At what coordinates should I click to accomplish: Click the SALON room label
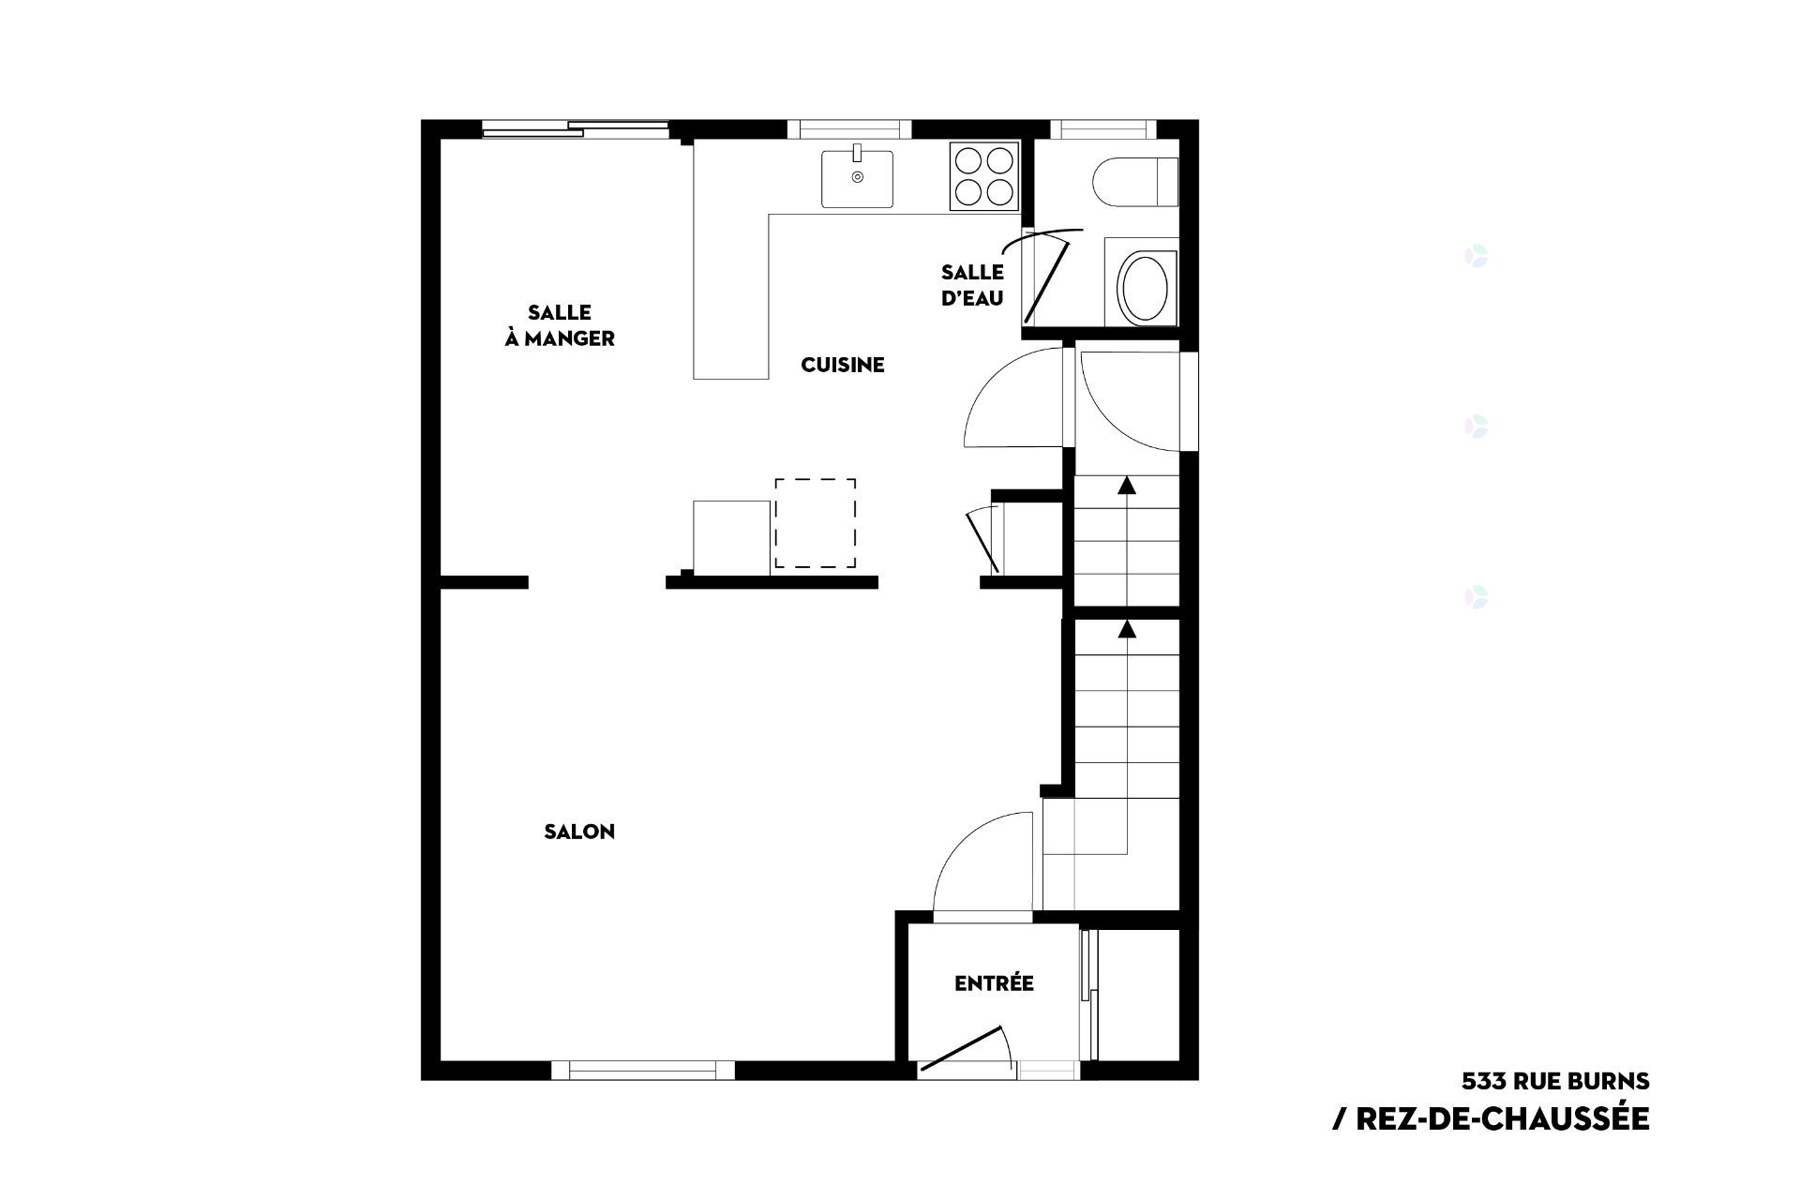pyautogui.click(x=579, y=832)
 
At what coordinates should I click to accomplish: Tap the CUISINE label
pyautogui.click(x=843, y=365)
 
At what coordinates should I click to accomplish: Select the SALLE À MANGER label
pyautogui.click(x=560, y=325)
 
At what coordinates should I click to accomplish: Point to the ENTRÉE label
pyautogui.click(x=994, y=983)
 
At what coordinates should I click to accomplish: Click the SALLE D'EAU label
pyautogui.click(x=973, y=285)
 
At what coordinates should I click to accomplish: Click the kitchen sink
pyautogui.click(x=857, y=177)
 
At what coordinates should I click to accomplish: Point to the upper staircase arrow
pyautogui.click(x=1126, y=485)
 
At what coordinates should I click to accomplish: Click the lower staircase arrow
pyautogui.click(x=1126, y=628)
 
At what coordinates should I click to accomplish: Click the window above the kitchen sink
pyautogui.click(x=849, y=129)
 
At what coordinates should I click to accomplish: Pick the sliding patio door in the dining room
pyautogui.click(x=576, y=129)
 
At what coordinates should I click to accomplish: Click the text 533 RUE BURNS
pyautogui.click(x=1555, y=1081)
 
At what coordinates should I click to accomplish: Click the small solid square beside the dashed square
pyautogui.click(x=731, y=534)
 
